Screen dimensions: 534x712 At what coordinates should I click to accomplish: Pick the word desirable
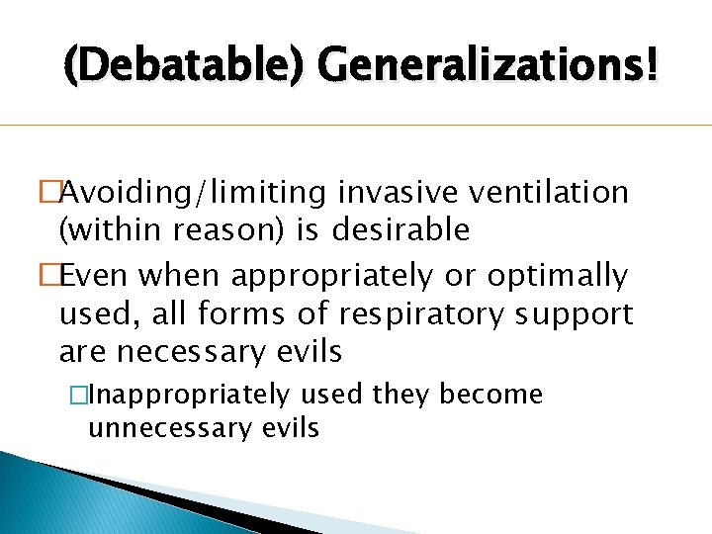pyautogui.click(x=400, y=231)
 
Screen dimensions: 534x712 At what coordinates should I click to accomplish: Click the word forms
pyautogui.click(x=231, y=315)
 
